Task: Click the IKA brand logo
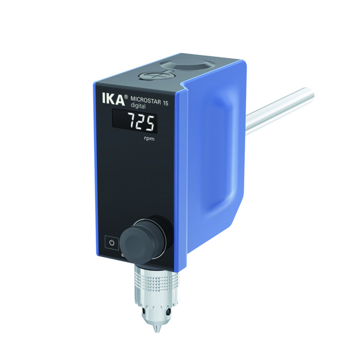(x=110, y=99)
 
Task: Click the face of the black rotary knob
(x=134, y=239)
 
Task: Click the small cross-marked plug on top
(x=149, y=77)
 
